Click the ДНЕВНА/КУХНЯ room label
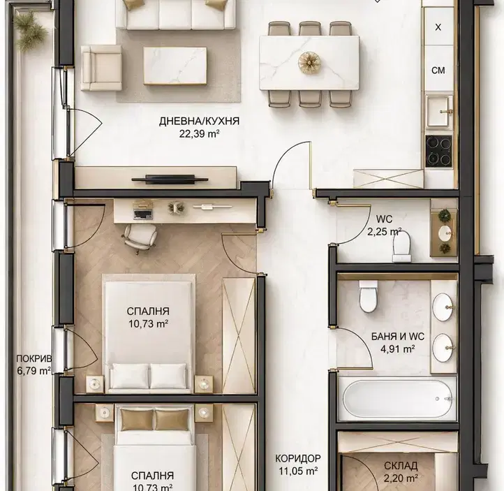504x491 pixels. pyautogui.click(x=199, y=122)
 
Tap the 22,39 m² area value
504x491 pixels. pyautogui.click(x=199, y=134)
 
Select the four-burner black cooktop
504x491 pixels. pyautogui.click(x=439, y=151)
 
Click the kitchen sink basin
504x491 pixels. pyautogui.click(x=438, y=112)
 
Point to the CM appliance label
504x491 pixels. pyautogui.click(x=438, y=70)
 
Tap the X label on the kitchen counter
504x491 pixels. pyautogui.click(x=438, y=28)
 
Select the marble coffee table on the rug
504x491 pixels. pyautogui.click(x=175, y=66)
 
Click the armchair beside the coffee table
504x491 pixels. pyautogui.click(x=101, y=68)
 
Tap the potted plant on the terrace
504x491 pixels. pyautogui.click(x=29, y=31)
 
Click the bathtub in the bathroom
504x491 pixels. pyautogui.click(x=398, y=399)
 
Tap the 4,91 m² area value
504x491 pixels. pyautogui.click(x=398, y=349)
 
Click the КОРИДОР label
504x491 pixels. pyautogui.click(x=298, y=458)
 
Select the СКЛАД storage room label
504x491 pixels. pyautogui.click(x=401, y=466)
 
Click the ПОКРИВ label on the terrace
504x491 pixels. pyautogui.click(x=34, y=358)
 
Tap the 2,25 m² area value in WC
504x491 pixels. pyautogui.click(x=385, y=231)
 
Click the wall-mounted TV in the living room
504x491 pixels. pyautogui.click(x=170, y=179)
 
